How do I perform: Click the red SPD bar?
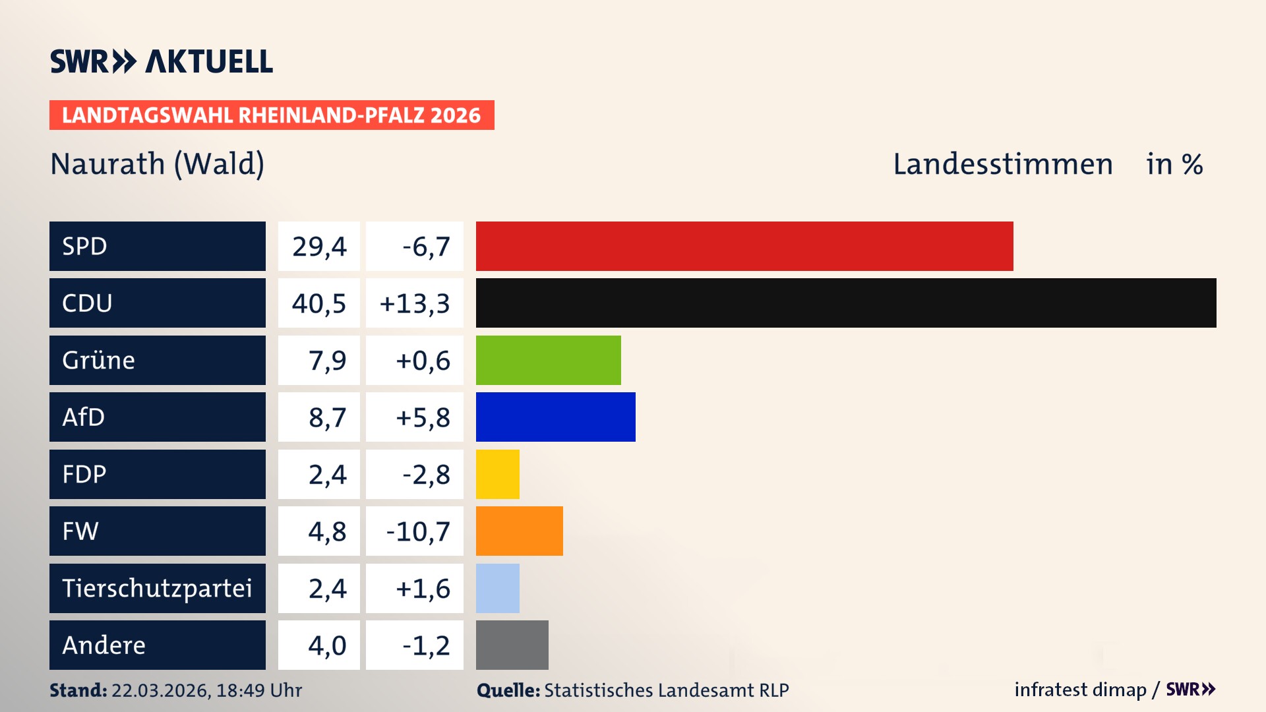(744, 246)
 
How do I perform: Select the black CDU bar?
(845, 303)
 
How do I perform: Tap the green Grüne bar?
(548, 360)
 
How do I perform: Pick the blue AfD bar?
(555, 417)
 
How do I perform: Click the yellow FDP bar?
(497, 474)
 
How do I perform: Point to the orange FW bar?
(519, 531)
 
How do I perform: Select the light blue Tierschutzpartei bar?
(497, 588)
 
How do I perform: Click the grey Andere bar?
(512, 645)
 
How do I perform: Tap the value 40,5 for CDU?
(319, 303)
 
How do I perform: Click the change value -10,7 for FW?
(417, 531)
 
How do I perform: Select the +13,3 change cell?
(415, 303)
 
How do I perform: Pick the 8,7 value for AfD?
(327, 417)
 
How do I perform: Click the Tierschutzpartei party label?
(157, 588)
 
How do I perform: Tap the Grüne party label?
(99, 360)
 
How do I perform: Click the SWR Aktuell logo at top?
(161, 61)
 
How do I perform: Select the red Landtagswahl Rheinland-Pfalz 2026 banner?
(271, 115)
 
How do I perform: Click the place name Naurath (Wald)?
(157, 163)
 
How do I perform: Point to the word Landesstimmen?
(1002, 163)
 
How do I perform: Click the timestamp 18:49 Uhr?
(259, 690)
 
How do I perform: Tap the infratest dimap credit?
(1079, 690)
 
